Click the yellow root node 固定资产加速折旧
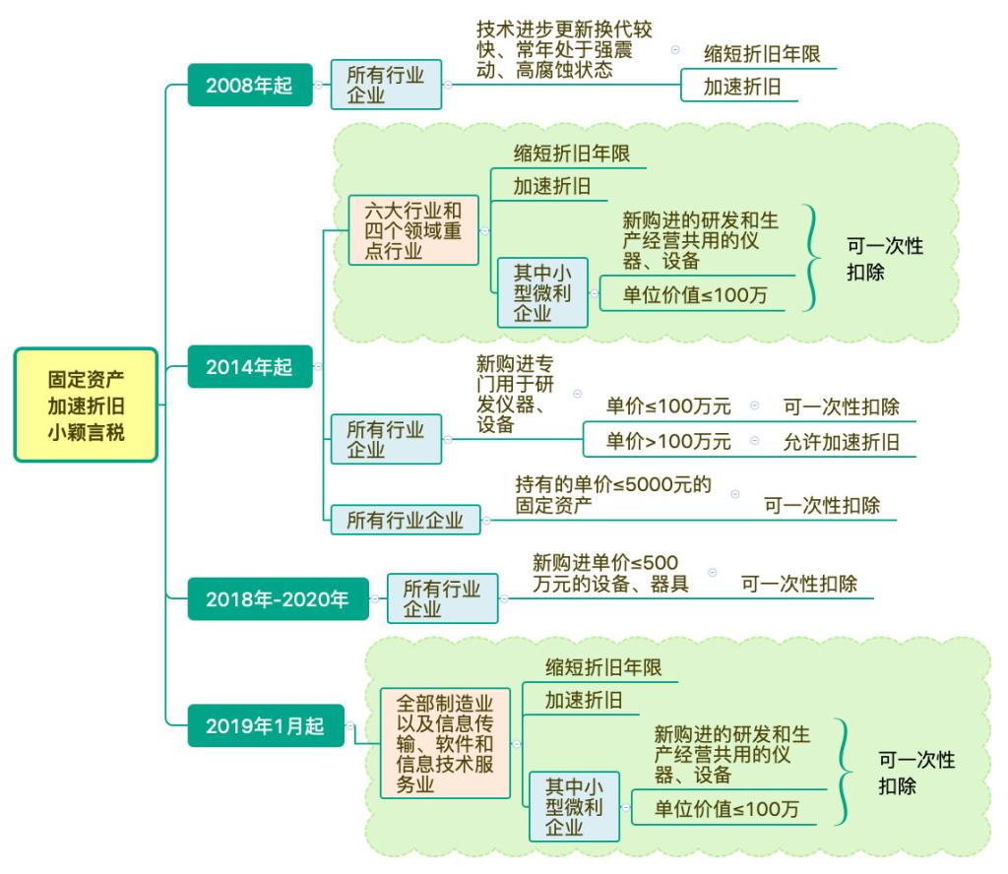click(x=87, y=405)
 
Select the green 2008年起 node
click(x=249, y=85)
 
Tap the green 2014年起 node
click(x=249, y=366)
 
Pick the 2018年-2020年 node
click(x=278, y=599)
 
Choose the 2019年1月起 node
click(x=264, y=726)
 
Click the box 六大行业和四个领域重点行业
click(x=413, y=229)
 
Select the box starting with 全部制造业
click(x=445, y=742)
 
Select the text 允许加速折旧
click(x=842, y=442)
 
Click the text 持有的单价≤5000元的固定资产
click(x=613, y=496)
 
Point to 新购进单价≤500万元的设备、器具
click(x=610, y=573)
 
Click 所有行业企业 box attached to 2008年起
click(x=386, y=85)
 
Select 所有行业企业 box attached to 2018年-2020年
click(x=442, y=598)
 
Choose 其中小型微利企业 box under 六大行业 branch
click(x=542, y=292)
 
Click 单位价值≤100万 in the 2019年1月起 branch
click(x=727, y=809)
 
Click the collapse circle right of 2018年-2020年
click(x=373, y=598)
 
